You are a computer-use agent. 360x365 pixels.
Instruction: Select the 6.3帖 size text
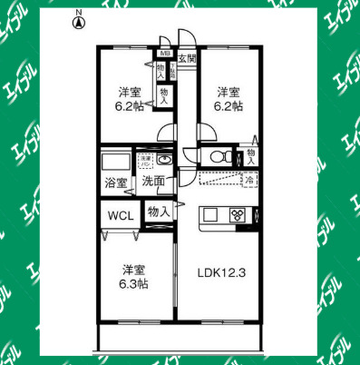coord(132,283)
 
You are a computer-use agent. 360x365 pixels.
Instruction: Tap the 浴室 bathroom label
coord(116,182)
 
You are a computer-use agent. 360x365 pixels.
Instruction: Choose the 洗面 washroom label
coord(152,182)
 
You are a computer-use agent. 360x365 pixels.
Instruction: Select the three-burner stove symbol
coord(238,215)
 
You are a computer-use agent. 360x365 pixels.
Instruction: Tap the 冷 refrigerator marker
coord(248,181)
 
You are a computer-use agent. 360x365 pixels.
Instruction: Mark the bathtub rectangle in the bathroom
coord(115,162)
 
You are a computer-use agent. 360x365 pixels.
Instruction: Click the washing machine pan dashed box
coord(145,162)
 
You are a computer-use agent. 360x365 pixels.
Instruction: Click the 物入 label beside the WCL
coord(159,212)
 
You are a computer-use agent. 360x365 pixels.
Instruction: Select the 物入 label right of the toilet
coord(250,156)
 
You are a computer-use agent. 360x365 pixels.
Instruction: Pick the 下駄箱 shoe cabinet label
coord(172,68)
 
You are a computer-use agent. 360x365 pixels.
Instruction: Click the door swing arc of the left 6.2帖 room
coord(166,133)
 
